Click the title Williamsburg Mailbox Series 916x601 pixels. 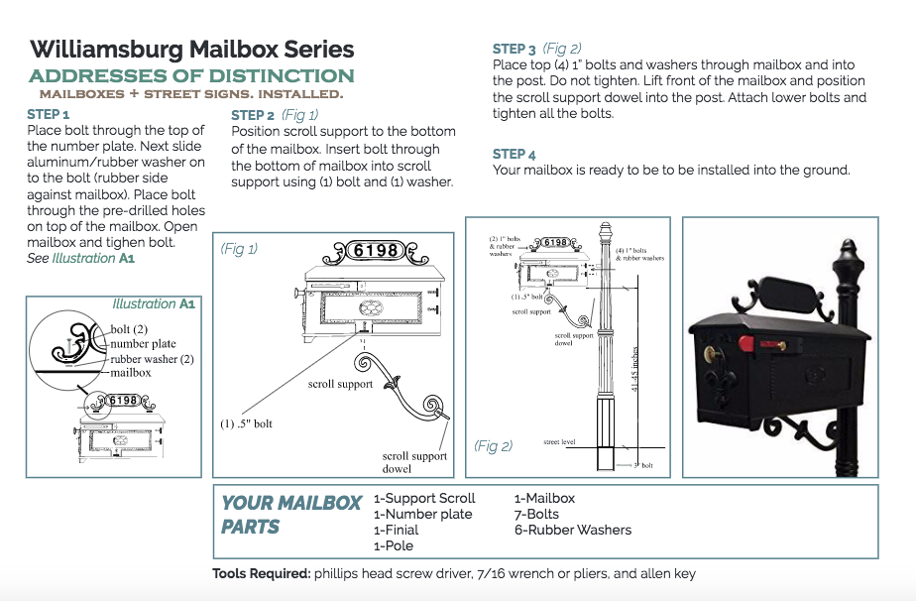(191, 50)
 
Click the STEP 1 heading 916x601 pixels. (49, 114)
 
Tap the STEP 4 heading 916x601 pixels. (515, 154)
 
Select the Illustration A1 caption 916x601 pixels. (154, 303)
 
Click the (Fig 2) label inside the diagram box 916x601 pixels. (493, 446)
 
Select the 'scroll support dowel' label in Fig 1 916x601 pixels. (414, 462)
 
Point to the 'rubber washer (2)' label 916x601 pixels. (152, 358)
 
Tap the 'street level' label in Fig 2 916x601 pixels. (559, 442)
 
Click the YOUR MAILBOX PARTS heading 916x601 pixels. (290, 515)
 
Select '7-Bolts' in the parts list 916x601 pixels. (536, 514)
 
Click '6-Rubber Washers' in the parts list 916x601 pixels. (572, 530)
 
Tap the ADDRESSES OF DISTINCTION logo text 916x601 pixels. (191, 76)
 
